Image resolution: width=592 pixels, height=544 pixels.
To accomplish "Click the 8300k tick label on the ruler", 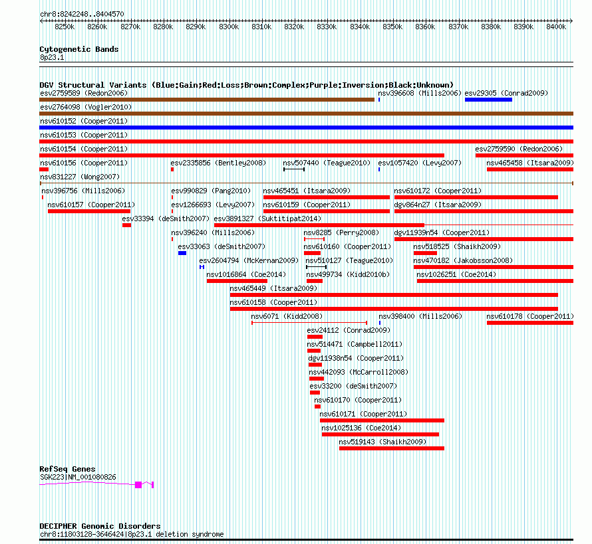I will (x=228, y=27).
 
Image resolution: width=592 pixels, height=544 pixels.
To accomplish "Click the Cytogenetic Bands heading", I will (x=78, y=49).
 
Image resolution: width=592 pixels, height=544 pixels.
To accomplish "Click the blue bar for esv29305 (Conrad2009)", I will (x=488, y=100).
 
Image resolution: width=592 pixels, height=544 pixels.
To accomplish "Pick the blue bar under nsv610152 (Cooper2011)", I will (x=306, y=128).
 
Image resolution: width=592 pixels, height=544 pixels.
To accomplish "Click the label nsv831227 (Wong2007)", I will (x=80, y=177).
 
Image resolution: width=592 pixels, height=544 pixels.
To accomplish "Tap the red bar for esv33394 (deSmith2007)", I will (x=126, y=225).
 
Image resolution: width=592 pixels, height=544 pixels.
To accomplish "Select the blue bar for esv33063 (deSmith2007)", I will (x=182, y=253).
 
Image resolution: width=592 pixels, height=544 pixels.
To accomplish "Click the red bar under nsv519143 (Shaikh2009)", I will (x=391, y=448).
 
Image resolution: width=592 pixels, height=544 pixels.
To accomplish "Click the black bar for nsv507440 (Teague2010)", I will (x=293, y=169).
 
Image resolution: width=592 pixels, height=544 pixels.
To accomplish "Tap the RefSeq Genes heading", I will (x=67, y=469).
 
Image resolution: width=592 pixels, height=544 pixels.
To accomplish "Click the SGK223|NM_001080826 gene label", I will (x=78, y=477).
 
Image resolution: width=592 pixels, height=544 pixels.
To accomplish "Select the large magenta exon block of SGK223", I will (x=138, y=485).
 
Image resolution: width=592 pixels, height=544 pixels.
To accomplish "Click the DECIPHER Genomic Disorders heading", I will (x=100, y=526).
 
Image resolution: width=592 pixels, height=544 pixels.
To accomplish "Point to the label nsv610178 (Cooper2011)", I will (x=529, y=316).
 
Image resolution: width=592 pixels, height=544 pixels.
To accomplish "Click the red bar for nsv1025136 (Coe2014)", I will (x=380, y=434).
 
